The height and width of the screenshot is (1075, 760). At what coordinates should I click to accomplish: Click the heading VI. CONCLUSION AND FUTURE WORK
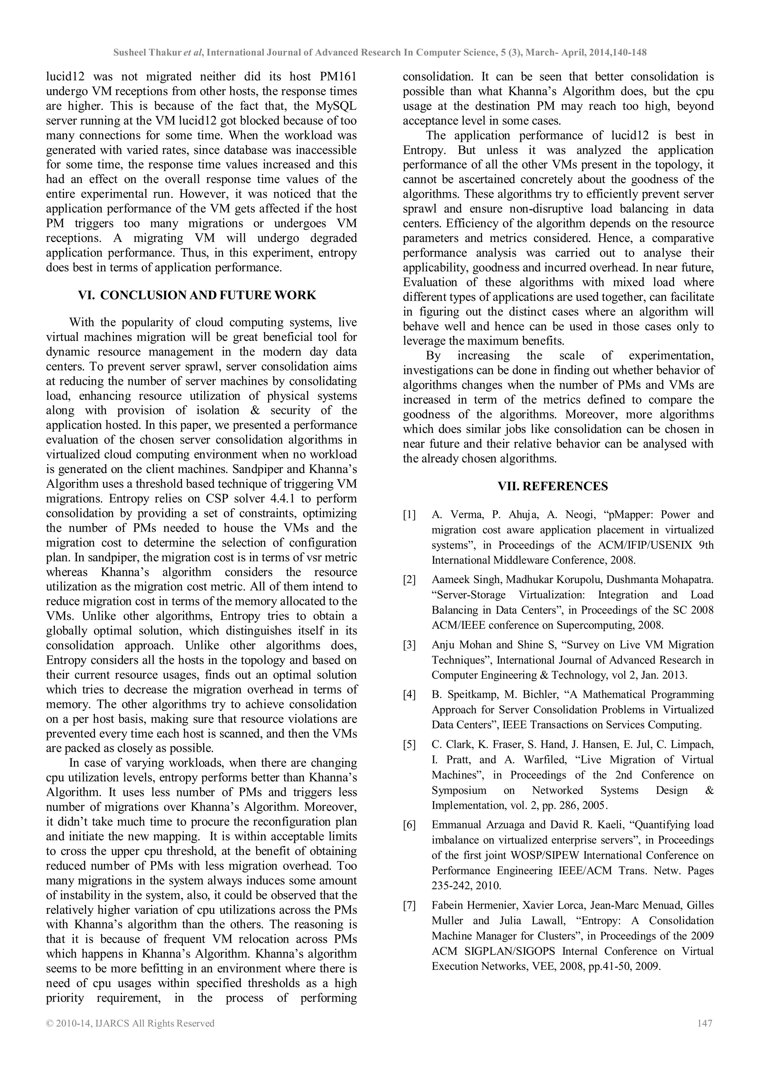[x=197, y=296]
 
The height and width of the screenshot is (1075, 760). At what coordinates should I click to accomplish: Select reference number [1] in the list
[x=409, y=515]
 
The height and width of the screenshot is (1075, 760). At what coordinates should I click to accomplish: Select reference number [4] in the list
[x=409, y=695]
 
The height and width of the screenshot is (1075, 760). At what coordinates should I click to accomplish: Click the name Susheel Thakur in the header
[x=147, y=52]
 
